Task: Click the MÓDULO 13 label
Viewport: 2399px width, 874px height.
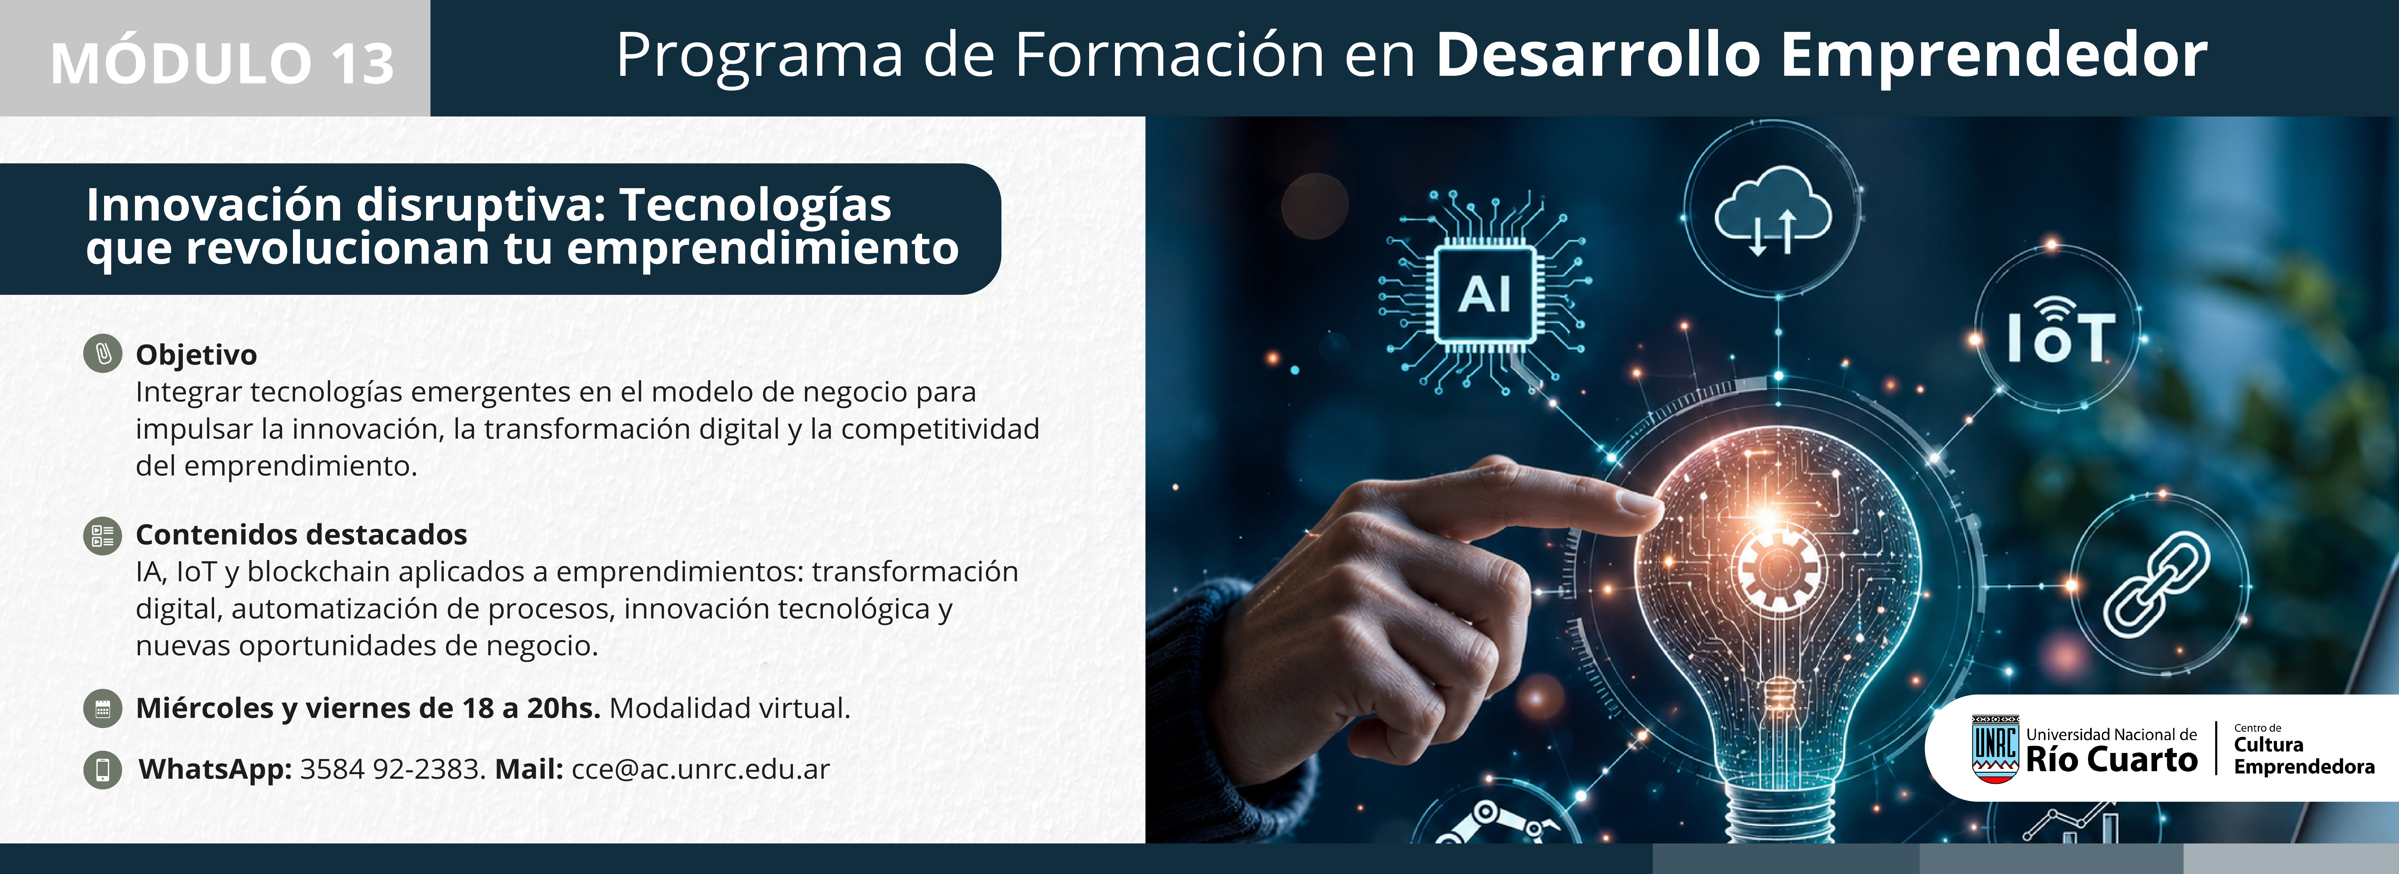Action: point(223,63)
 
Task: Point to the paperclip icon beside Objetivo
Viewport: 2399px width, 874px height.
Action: point(103,354)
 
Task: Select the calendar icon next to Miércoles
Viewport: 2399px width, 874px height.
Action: point(103,708)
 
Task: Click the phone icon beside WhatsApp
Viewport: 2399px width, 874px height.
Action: point(103,770)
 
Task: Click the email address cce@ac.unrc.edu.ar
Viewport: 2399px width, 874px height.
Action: point(700,769)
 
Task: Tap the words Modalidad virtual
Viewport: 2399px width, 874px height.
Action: point(729,708)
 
